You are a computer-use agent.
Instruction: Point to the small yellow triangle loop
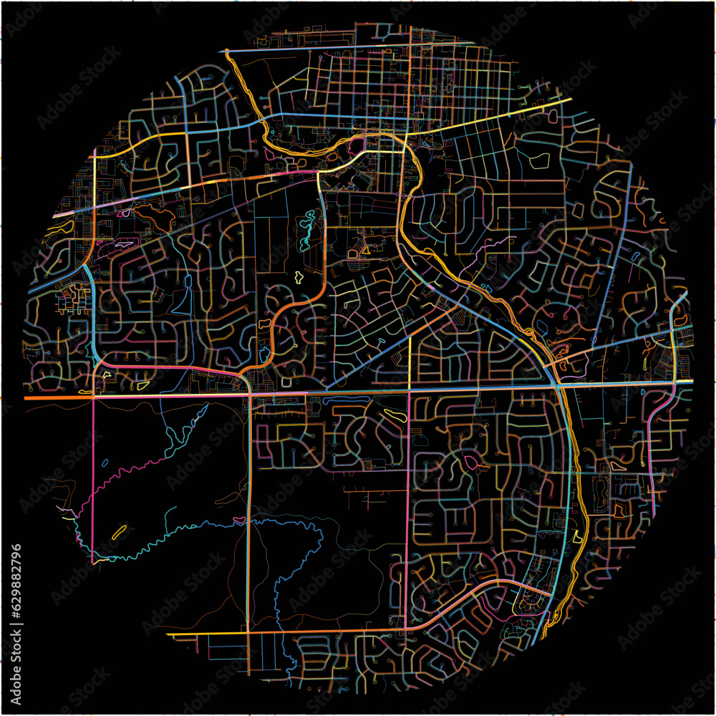pos(364,251)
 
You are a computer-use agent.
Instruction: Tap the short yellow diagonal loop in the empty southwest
pos(119,532)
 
